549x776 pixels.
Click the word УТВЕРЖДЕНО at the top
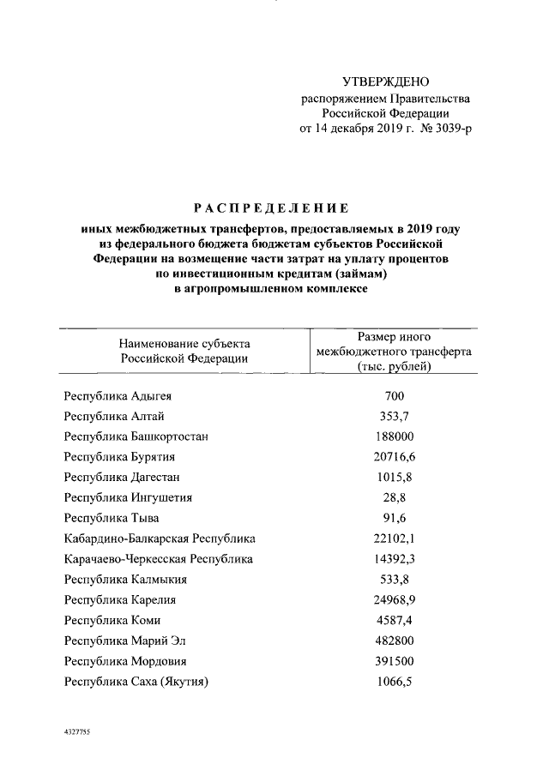(x=384, y=82)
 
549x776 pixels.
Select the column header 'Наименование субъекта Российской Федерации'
(x=184, y=351)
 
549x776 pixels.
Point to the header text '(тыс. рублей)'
(x=395, y=367)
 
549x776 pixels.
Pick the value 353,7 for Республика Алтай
(x=395, y=416)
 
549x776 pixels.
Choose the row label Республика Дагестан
(x=121, y=477)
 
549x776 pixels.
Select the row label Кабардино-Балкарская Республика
(x=160, y=538)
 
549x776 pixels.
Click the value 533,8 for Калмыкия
(x=395, y=579)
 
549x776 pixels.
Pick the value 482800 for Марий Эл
(x=395, y=641)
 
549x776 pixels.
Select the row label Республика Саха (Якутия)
(x=137, y=682)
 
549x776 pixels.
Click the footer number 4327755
(x=78, y=734)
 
